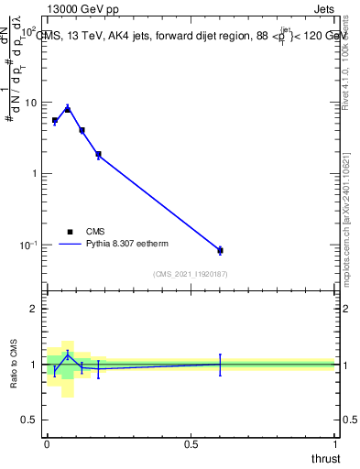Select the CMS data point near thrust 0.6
(x=220, y=250)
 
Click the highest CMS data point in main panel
(x=67, y=109)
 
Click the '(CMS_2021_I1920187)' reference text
(x=191, y=273)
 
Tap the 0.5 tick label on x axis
(x=191, y=444)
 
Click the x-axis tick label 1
(x=335, y=444)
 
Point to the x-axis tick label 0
(x=47, y=444)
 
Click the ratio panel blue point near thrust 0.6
(x=220, y=364)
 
